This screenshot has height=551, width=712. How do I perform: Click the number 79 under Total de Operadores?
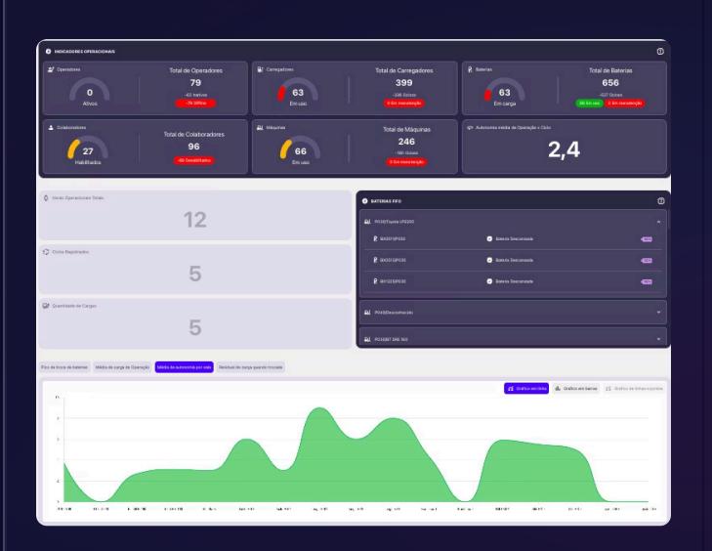pos(195,83)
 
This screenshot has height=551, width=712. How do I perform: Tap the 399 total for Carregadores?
pos(403,83)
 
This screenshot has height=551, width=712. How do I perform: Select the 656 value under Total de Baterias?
pos(610,83)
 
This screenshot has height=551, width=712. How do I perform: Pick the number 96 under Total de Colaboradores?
pos(193,147)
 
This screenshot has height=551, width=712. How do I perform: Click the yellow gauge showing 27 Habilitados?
pos(87,149)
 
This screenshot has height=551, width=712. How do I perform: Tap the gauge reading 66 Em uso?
pos(294,149)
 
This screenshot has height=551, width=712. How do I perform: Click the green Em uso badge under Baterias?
pos(589,103)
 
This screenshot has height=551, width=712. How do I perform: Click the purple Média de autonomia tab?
pos(184,366)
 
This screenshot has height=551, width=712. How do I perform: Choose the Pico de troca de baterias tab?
pos(64,366)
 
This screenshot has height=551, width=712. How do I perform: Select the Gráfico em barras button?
pos(576,388)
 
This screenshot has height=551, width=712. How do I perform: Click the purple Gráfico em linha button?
pos(526,388)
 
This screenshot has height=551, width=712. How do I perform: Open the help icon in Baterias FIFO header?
pos(660,200)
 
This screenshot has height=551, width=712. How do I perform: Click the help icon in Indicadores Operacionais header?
pos(660,51)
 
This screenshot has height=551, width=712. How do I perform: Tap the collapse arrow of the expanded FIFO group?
pos(658,223)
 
